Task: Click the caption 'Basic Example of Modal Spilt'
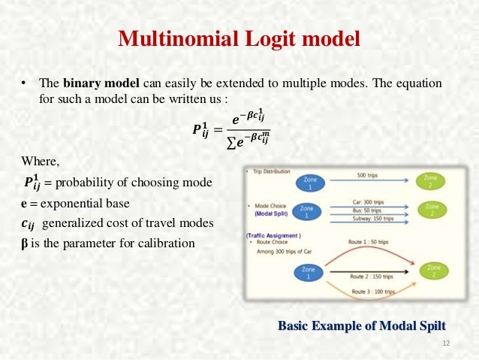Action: coord(362,325)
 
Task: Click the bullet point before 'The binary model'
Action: coord(24,83)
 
